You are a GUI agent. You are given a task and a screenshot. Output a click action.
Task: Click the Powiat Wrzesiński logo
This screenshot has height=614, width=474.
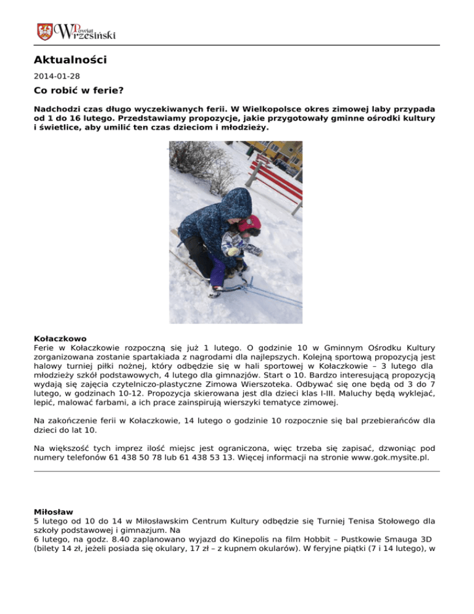77,32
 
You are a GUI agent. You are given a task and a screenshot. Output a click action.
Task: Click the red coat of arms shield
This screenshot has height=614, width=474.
44,32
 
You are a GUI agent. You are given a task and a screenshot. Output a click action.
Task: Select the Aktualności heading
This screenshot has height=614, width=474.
70,61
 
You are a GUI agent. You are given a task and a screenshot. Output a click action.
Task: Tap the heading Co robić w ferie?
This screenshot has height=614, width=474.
78,91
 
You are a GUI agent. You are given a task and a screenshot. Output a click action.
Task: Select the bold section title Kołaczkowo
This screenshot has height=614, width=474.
60,339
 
